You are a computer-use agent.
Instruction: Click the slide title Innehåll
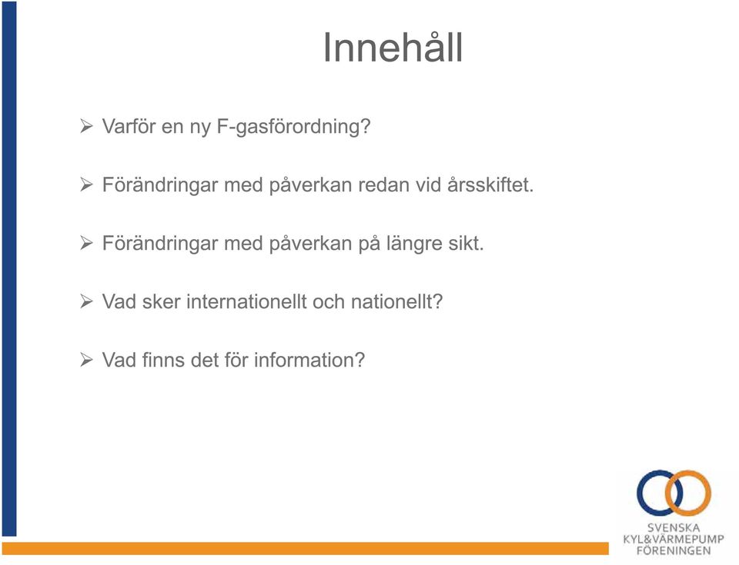click(x=393, y=47)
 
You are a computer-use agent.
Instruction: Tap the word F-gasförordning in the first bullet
click(x=293, y=127)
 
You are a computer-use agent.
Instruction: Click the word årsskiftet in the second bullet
click(x=490, y=184)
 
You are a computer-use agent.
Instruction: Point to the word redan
click(x=383, y=184)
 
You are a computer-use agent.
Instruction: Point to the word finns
click(x=163, y=360)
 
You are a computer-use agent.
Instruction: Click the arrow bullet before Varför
click(x=86, y=126)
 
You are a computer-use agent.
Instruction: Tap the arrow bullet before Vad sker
click(x=86, y=301)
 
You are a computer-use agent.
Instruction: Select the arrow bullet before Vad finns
click(x=86, y=360)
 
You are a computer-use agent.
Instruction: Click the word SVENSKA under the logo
click(x=674, y=528)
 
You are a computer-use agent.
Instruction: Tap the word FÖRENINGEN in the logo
click(x=674, y=551)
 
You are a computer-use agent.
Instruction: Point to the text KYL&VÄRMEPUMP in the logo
click(x=674, y=539)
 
